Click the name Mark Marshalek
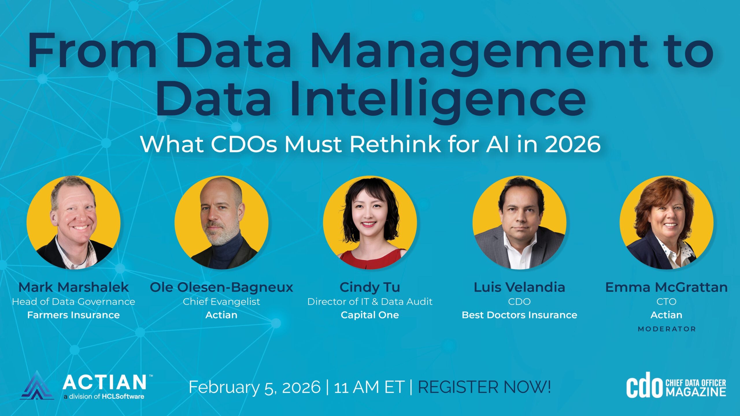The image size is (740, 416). (x=73, y=287)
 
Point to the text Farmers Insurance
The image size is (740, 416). (x=73, y=315)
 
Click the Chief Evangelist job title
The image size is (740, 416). (x=221, y=302)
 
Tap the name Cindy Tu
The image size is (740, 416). (x=370, y=287)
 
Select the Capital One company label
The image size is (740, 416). (x=370, y=315)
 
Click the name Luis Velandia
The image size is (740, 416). (x=519, y=287)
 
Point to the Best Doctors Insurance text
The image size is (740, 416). (x=519, y=315)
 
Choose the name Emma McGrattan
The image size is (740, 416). (x=666, y=287)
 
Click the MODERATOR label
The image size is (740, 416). (x=667, y=329)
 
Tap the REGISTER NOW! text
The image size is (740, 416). (x=484, y=387)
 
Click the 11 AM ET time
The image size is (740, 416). (x=369, y=387)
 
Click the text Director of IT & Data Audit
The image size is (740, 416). (x=370, y=302)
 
